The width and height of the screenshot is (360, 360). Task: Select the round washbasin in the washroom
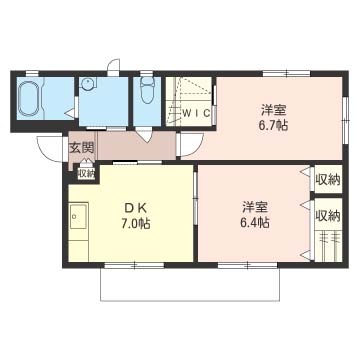(88, 83)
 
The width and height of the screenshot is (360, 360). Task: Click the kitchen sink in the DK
(79, 216)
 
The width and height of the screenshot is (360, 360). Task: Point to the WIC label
(196, 113)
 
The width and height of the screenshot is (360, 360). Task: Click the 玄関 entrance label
(81, 147)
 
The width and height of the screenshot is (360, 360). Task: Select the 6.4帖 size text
(255, 222)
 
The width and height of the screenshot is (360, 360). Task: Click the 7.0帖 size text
(136, 223)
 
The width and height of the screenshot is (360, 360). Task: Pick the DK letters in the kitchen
(135, 208)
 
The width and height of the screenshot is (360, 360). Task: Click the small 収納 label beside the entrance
(86, 174)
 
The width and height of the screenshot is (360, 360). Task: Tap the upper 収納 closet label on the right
(328, 180)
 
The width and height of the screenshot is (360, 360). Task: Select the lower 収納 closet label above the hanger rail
(328, 216)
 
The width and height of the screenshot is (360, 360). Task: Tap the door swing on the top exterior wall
(114, 66)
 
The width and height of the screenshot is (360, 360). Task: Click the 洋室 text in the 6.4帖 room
(255, 208)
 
